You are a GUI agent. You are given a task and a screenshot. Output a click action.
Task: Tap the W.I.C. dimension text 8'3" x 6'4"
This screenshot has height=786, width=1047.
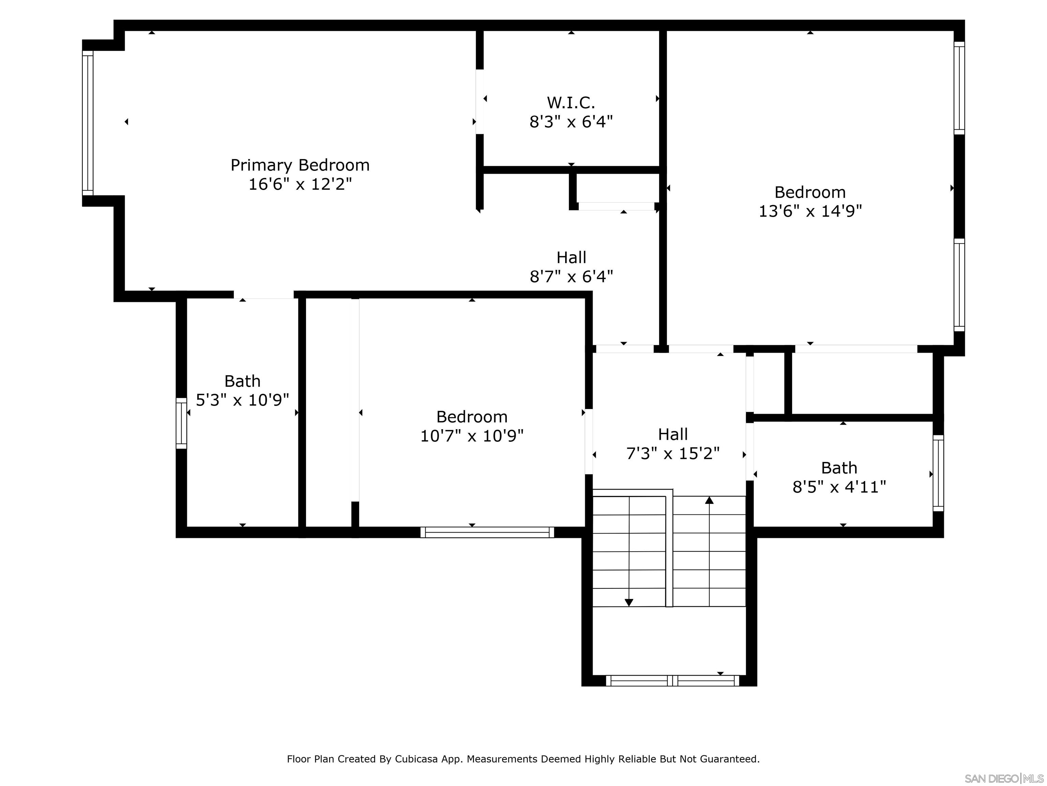pyautogui.click(x=571, y=122)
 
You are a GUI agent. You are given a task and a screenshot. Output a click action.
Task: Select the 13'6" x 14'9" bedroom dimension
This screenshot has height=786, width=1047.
pyautogui.click(x=810, y=211)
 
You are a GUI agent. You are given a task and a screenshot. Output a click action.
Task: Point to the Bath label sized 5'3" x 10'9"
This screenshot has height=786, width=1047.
pyautogui.click(x=242, y=381)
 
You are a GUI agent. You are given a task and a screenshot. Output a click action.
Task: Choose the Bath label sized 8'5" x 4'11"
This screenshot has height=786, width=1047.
pyautogui.click(x=839, y=468)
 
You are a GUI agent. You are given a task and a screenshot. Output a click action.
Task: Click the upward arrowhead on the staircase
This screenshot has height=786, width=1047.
pyautogui.click(x=709, y=500)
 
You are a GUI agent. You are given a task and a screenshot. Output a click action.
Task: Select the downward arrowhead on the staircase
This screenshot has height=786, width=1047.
pyautogui.click(x=628, y=602)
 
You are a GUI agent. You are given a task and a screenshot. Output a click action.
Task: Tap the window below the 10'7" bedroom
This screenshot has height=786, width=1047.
pyautogui.click(x=487, y=532)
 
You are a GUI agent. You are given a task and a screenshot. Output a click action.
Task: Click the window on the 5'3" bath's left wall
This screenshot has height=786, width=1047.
pyautogui.click(x=181, y=423)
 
